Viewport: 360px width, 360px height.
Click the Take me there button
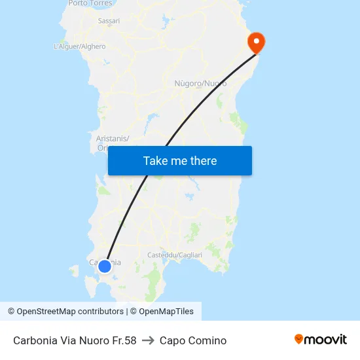click(180, 161)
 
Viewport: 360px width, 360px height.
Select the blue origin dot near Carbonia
click(104, 266)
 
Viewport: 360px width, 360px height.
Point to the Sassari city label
click(109, 21)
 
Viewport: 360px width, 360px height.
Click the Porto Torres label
click(90, 3)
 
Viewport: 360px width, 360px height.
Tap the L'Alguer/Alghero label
click(79, 46)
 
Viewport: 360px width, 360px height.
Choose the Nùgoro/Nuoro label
click(201, 84)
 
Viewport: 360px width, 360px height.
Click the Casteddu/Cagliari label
click(175, 255)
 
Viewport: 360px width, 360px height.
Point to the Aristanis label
click(113, 138)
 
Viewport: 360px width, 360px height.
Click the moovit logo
click(321, 339)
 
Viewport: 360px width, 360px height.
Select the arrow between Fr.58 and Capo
click(148, 340)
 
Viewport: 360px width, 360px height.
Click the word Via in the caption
click(69, 340)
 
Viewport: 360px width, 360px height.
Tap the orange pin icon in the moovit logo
click(299, 339)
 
